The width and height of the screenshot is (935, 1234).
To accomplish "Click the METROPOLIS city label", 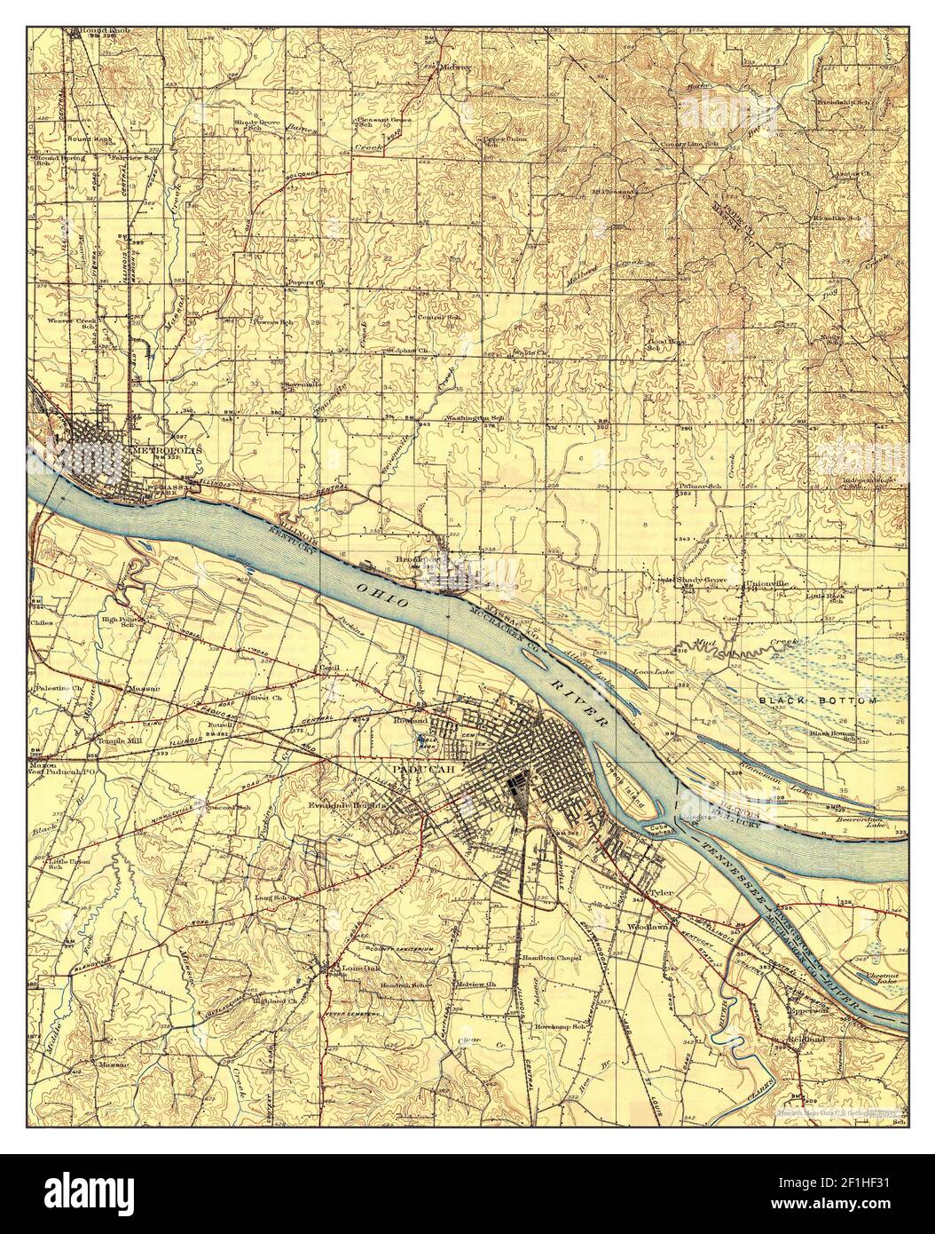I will [167, 450].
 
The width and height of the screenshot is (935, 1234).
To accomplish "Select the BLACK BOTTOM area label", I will [818, 701].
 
